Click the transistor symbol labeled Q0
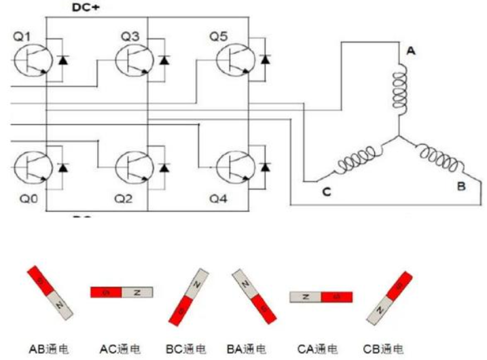[31, 166]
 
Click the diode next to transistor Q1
[63, 60]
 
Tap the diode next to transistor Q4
[266, 166]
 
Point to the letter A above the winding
[410, 50]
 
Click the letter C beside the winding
[327, 192]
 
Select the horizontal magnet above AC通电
[122, 292]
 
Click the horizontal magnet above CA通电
[321, 297]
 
